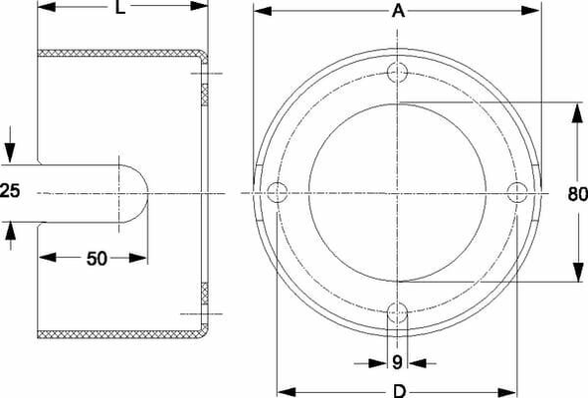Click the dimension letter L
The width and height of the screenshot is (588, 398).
click(120, 7)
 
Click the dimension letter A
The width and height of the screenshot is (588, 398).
click(399, 11)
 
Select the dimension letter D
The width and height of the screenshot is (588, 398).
click(400, 391)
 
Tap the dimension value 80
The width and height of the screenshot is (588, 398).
click(577, 194)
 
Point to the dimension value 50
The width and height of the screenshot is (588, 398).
click(97, 259)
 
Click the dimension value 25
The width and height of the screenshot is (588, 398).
click(10, 190)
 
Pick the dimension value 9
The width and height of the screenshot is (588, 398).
click(397, 362)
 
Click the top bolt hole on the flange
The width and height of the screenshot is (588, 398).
click(397, 73)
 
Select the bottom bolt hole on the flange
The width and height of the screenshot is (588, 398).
click(397, 312)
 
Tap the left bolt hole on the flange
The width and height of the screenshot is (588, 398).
click(278, 192)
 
